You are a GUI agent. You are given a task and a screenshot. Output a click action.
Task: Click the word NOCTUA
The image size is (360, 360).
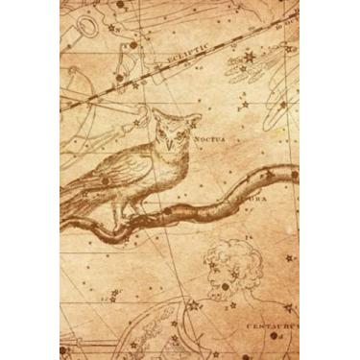[x=209, y=139]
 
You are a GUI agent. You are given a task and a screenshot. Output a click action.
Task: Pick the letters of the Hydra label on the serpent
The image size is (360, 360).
[x=248, y=200]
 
